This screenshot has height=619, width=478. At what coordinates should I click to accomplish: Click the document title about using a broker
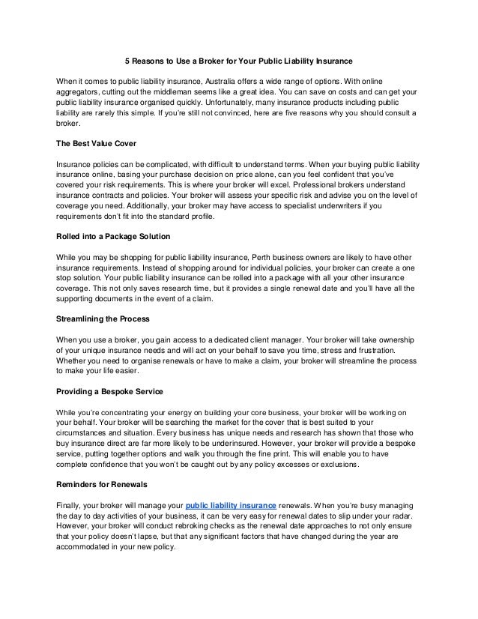click(x=238, y=59)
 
